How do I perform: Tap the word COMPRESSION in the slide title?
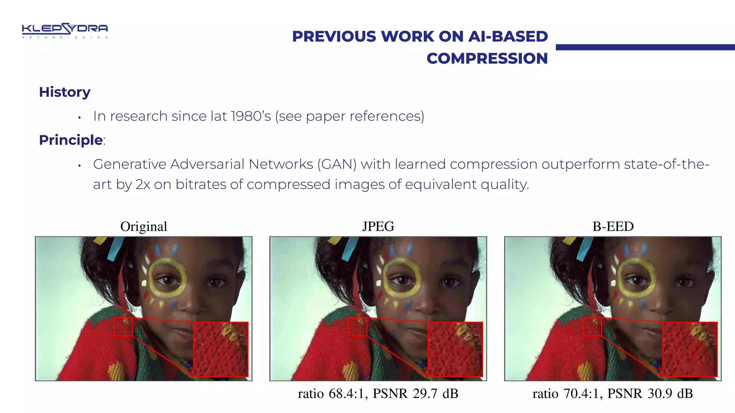tap(487, 58)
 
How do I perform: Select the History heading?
tap(65, 92)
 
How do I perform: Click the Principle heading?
tap(71, 140)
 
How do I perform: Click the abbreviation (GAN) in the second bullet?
tap(337, 164)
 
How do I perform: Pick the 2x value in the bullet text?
tap(142, 184)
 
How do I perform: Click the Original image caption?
tap(144, 227)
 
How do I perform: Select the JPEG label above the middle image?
tap(378, 227)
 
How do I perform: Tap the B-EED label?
tap(613, 227)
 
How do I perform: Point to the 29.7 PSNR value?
tap(425, 394)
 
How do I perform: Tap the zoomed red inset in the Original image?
tap(221, 349)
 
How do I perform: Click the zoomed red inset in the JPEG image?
tap(455, 349)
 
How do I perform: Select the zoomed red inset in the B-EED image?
tap(690, 349)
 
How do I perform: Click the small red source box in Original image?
tap(123, 327)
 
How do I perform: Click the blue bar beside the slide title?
tap(645, 47)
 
